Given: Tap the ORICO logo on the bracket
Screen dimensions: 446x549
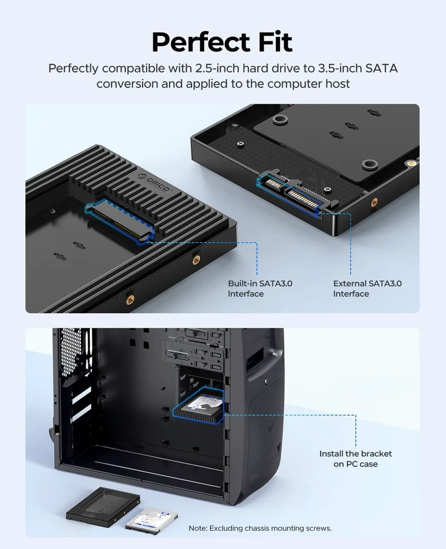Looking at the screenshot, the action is (153, 182).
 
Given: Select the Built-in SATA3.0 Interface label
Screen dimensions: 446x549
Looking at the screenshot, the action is (260, 289).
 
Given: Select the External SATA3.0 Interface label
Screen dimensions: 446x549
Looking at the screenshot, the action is (367, 289).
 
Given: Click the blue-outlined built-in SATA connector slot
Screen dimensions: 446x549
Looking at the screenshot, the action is (120, 221).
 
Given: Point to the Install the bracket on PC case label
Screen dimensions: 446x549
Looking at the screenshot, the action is (355, 459).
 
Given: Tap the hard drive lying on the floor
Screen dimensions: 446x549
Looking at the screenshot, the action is (152, 518).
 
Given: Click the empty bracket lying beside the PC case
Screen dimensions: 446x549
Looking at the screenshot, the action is (103, 504).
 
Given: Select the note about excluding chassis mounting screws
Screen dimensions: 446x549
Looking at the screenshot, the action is (260, 528).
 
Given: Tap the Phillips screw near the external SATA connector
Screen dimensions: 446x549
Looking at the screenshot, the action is (328, 190).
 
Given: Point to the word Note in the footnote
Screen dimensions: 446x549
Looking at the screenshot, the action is (197, 528).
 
